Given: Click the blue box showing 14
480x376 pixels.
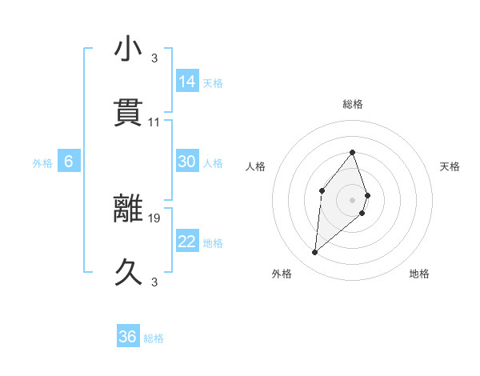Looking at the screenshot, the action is pos(187,82).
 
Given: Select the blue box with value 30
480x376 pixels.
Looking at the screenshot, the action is pos(187,162).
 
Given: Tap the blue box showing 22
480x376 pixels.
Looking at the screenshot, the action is pos(187,242).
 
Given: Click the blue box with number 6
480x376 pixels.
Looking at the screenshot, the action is pos(69,162).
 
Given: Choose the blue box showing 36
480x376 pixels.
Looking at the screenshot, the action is pos(128,337).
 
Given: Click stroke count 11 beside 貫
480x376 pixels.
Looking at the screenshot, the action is pos(154,122).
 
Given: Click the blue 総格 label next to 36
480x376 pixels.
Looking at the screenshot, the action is pos(154,338).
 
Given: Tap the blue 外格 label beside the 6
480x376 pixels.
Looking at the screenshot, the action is pos(42,163).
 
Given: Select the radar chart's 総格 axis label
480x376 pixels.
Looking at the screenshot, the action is pos(353,104).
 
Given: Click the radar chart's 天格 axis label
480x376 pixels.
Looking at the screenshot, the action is pos(450,166).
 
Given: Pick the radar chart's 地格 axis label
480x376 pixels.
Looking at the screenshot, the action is pos(419,274).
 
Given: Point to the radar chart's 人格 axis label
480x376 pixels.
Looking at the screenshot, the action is pos(256,166).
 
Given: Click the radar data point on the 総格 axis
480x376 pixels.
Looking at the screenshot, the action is pos(353,152).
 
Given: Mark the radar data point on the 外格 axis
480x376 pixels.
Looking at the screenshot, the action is pos(315,253).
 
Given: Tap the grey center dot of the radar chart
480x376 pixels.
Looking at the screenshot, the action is pos(353,199).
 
